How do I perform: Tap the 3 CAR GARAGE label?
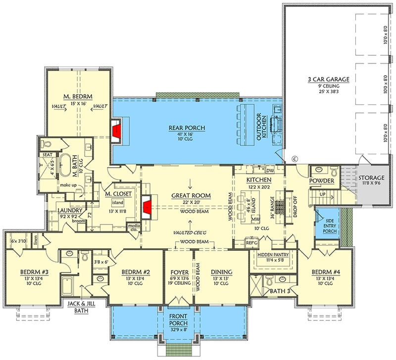click(x=328, y=79)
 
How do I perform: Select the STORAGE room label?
click(x=371, y=178)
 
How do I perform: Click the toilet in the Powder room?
click(x=333, y=172)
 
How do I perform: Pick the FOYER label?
click(x=178, y=271)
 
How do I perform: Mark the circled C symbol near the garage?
click(x=294, y=159)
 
